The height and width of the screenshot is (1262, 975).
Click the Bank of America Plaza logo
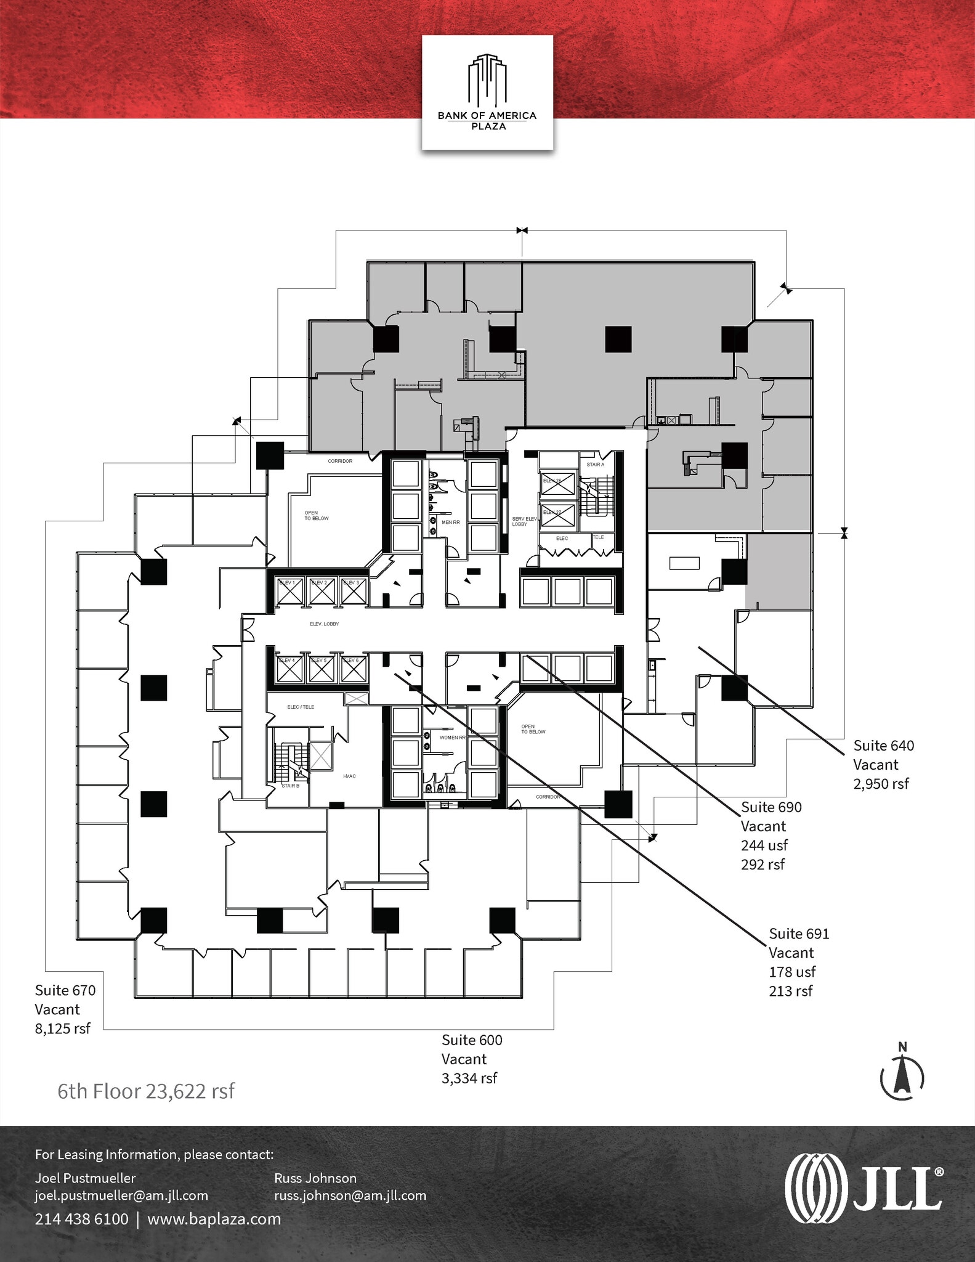tap(487, 92)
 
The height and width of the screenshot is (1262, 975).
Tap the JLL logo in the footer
tap(864, 1187)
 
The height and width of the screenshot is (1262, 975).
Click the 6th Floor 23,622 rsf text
tap(146, 1091)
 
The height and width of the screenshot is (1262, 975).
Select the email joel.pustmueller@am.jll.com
tap(121, 1195)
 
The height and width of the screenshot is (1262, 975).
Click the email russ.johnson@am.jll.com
tap(350, 1195)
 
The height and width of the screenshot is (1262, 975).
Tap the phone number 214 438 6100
tap(81, 1219)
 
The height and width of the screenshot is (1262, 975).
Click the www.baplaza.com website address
tap(214, 1219)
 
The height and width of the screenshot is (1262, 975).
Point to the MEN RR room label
tap(451, 522)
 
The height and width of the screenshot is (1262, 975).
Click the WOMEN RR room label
tap(453, 737)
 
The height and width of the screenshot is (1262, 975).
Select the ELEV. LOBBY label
tap(324, 624)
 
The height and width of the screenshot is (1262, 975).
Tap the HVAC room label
tap(349, 776)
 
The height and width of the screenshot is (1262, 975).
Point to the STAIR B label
tap(290, 786)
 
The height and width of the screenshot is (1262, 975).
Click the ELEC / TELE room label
tap(301, 707)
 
